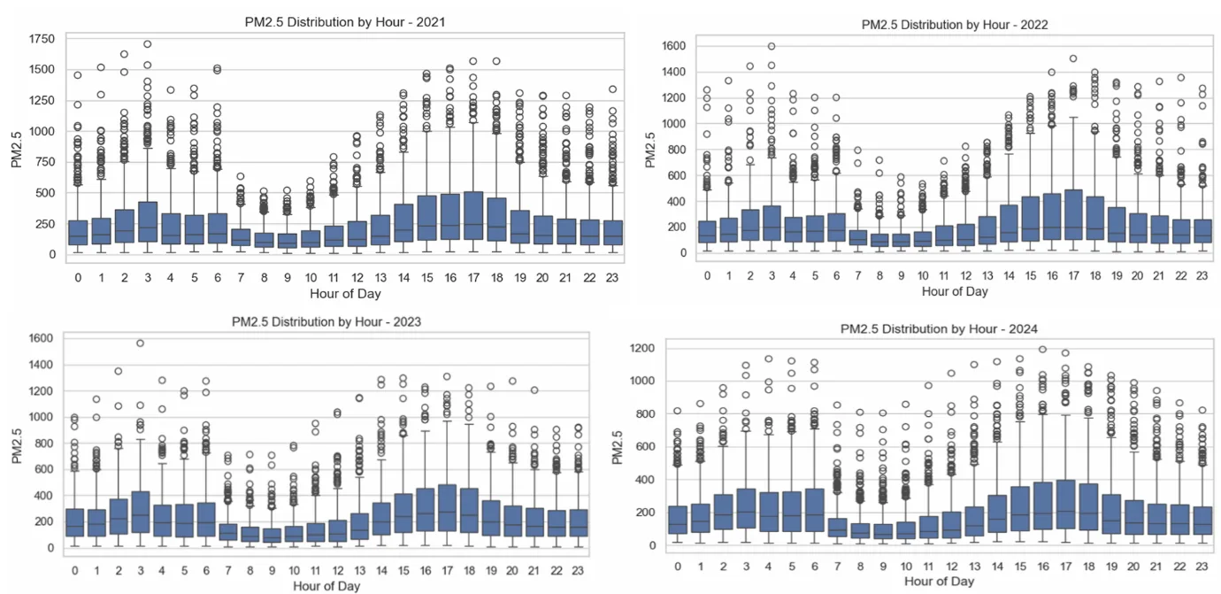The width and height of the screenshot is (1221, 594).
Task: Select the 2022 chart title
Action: tap(955, 25)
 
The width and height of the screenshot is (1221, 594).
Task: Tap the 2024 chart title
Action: tap(939, 329)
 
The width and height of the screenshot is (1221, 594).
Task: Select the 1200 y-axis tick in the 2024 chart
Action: tap(652, 349)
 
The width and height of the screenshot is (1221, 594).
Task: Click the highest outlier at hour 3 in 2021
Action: tap(148, 44)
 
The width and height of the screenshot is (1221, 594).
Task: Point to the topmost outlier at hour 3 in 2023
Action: tap(140, 343)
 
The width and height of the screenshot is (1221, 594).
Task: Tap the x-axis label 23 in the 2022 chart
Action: tap(1202, 276)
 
